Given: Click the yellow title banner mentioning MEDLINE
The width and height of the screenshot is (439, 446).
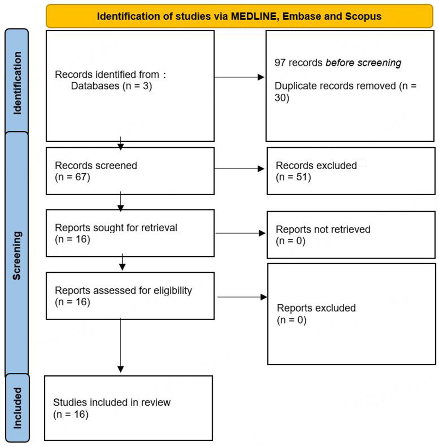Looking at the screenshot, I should pyautogui.click(x=239, y=16).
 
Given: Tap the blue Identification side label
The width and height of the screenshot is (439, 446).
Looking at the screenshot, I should pyautogui.click(x=17, y=82).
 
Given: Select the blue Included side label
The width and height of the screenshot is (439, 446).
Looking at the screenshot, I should pyautogui.click(x=17, y=408).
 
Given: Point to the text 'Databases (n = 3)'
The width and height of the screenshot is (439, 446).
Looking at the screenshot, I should pyautogui.click(x=111, y=86).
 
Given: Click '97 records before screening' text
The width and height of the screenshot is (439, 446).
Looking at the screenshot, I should pyautogui.click(x=338, y=63).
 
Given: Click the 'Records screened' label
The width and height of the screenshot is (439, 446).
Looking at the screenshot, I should pyautogui.click(x=96, y=166).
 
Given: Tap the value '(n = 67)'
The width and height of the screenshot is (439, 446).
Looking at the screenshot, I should pyautogui.click(x=72, y=177).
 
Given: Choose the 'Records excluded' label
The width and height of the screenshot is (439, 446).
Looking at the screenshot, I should pyautogui.click(x=316, y=166).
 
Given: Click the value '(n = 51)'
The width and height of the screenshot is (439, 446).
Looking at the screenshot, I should pyautogui.click(x=293, y=177).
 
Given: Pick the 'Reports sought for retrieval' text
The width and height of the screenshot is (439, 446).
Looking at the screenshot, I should pyautogui.click(x=116, y=228).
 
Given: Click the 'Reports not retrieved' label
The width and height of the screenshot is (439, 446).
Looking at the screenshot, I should pyautogui.click(x=323, y=230).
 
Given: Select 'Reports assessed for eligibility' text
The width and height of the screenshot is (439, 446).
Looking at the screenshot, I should pyautogui.click(x=123, y=291).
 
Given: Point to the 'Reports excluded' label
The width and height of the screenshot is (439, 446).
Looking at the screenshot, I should pyautogui.click(x=316, y=308).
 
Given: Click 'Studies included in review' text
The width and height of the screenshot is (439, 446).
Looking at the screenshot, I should pyautogui.click(x=112, y=402).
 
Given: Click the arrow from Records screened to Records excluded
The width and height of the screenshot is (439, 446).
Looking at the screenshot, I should pyautogui.click(x=240, y=169).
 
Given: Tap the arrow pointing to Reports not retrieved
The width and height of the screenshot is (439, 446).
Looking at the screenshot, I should pyautogui.click(x=241, y=233).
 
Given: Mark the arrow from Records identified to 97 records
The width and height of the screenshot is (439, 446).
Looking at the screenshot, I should pyautogui.click(x=240, y=77).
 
